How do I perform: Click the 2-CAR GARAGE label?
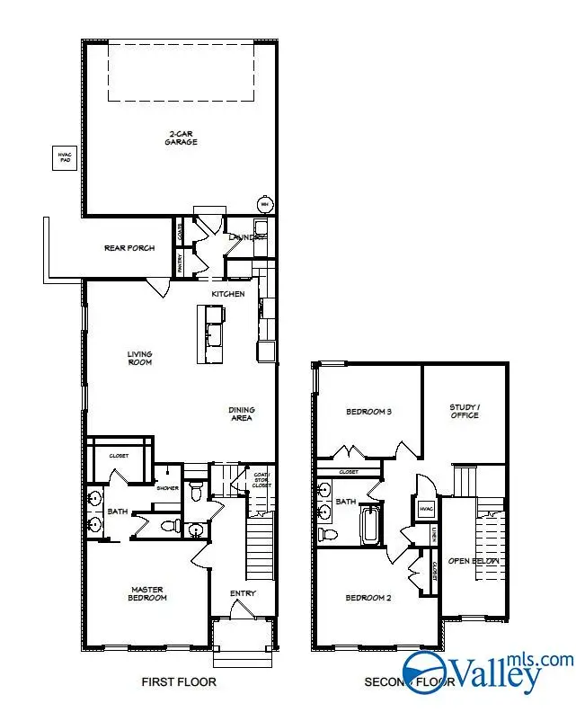181,138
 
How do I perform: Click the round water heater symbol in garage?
264,205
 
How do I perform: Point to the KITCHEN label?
227,294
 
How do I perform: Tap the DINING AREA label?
241,414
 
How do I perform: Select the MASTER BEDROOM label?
146,594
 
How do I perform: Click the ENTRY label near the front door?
243,593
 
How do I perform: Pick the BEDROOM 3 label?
368,413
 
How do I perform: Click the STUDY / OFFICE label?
465,411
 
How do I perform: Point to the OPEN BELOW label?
473,561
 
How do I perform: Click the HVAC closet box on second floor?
426,509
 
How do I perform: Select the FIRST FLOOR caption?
179,682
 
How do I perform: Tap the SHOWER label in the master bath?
168,488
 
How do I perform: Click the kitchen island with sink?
212,334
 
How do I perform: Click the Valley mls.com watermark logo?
486,671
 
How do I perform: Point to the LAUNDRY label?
245,237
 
